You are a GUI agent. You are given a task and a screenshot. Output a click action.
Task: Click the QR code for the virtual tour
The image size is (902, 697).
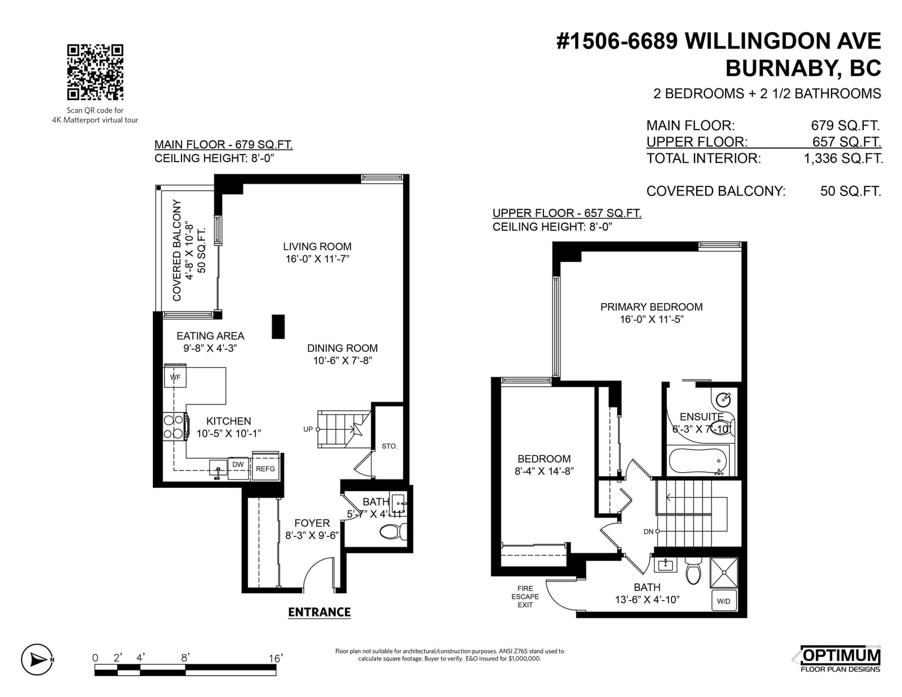95,72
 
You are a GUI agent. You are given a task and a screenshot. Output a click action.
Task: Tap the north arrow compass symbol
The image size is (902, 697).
37,659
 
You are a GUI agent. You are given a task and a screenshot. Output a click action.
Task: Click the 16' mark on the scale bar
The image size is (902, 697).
276,658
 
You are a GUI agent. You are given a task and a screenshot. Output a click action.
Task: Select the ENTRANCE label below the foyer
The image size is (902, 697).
319,612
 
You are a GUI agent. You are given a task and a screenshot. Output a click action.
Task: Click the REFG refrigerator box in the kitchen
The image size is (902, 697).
266,468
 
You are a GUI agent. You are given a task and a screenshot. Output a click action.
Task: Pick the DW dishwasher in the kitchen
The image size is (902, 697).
238,468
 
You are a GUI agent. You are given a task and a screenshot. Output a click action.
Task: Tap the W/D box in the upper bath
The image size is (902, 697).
723,601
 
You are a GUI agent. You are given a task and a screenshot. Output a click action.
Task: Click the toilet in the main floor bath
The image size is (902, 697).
393,531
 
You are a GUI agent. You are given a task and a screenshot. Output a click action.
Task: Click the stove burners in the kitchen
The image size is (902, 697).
174,427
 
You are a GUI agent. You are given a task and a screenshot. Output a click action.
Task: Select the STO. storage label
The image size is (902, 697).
390,446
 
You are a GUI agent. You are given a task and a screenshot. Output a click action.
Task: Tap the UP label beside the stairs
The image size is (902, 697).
308,429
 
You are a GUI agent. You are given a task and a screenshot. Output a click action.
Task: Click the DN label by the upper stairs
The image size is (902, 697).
648,531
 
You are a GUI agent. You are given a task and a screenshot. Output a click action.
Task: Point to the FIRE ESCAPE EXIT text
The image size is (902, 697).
525,597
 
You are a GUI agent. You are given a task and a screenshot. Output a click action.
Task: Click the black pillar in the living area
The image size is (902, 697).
278,326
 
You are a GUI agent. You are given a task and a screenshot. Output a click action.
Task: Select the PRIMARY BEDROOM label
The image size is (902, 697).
651,307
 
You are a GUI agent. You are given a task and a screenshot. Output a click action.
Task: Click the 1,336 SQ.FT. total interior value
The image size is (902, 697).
843,158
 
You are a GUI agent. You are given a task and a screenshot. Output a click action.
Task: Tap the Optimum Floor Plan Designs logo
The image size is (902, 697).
840,659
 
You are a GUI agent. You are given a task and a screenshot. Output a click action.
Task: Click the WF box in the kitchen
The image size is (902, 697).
175,377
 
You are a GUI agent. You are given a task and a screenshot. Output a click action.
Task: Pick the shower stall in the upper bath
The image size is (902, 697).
724,573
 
